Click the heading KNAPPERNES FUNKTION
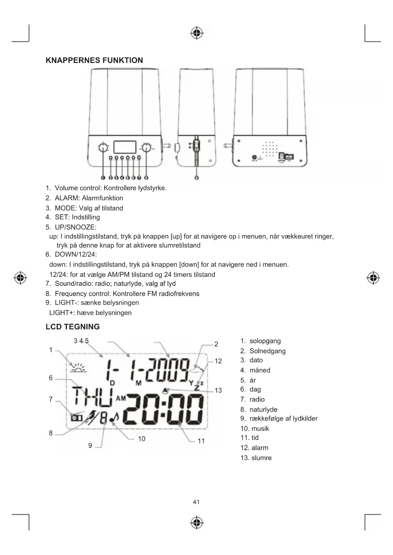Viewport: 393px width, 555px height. pos(94,60)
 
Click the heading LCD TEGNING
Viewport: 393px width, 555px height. pos(73,327)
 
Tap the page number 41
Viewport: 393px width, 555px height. pos(196,502)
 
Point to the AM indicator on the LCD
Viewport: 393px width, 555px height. pos(121,398)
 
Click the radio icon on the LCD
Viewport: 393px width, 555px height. pos(76,418)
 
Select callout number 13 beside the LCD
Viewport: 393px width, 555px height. pos(218,390)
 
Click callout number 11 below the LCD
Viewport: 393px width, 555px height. pos(201,441)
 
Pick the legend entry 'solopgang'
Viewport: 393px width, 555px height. pos(265,341)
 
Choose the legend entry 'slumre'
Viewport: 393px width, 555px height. pos(261,458)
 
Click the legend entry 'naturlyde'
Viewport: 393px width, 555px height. pos(263,409)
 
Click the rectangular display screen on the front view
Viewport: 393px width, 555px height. pos(125,147)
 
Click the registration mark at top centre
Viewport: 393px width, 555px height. pos(197,33)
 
